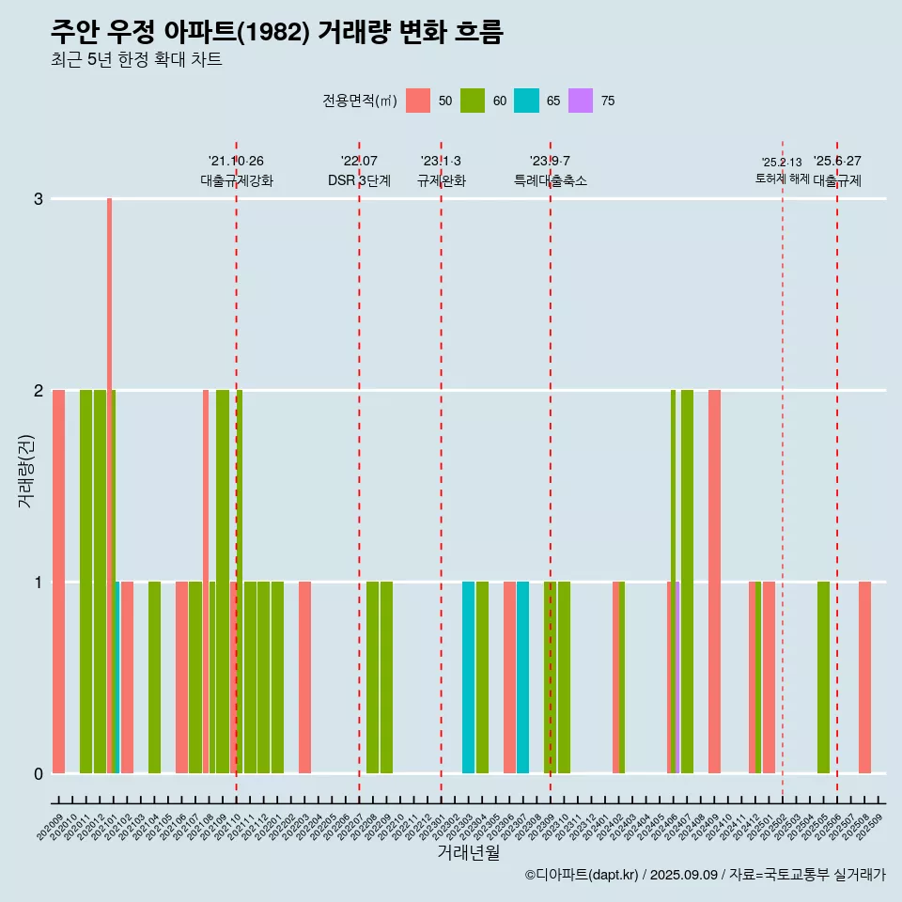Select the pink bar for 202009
tap(58, 583)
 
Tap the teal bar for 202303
tap(468, 676)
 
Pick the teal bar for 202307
tap(522, 676)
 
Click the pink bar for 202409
tap(714, 583)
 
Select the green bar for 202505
tap(823, 676)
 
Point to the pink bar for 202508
tap(864, 676)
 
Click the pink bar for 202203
tap(304, 676)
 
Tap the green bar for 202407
tap(687, 583)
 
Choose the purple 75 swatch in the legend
tap(582, 101)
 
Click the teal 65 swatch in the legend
tap(527, 101)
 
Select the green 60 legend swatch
tap(473, 101)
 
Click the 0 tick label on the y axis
tap(39, 773)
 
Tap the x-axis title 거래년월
tap(468, 852)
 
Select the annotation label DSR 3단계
tap(359, 180)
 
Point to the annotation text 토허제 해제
tap(782, 178)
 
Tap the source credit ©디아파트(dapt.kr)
tap(582, 875)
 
